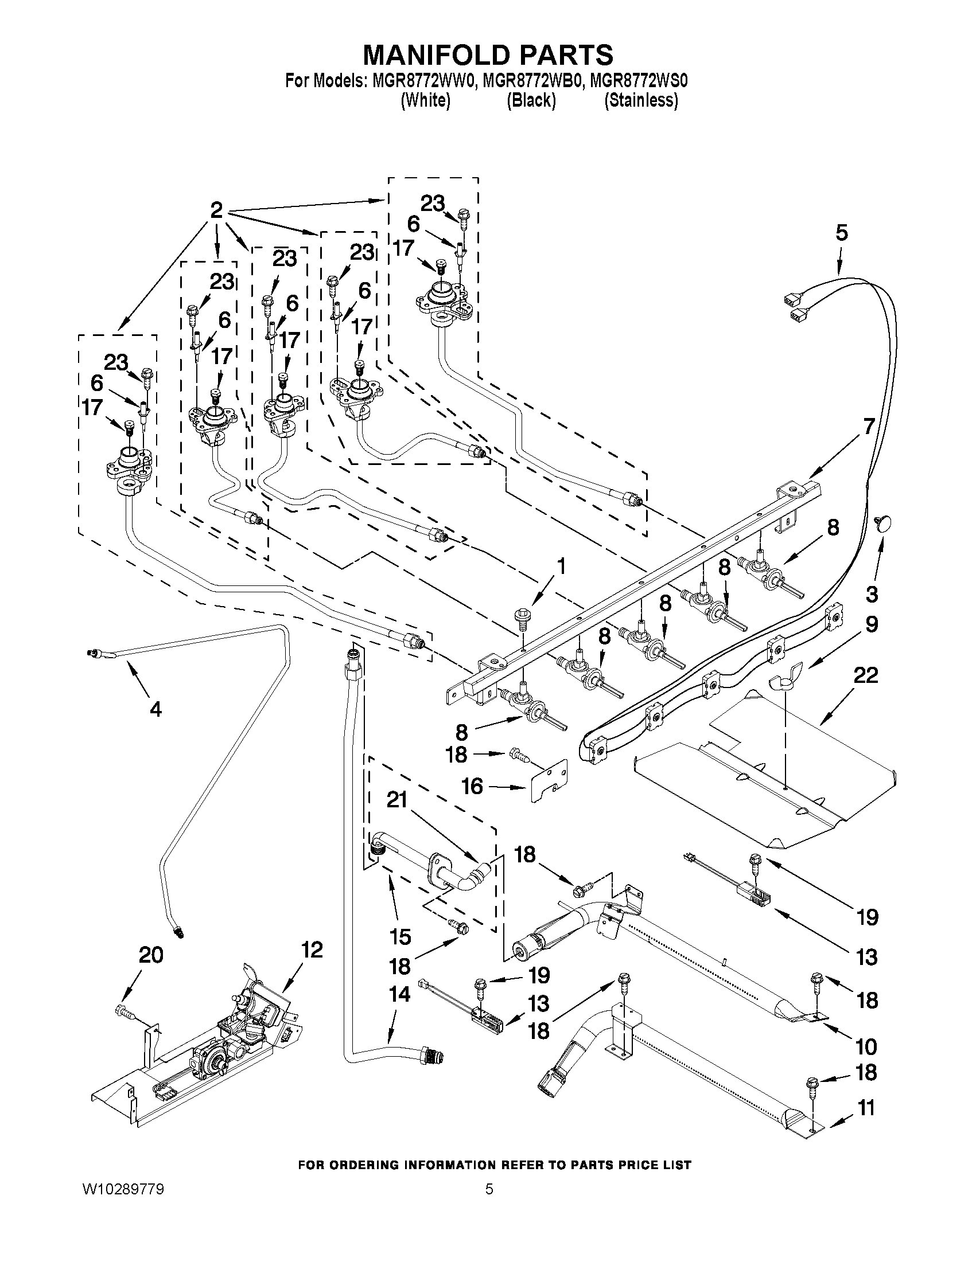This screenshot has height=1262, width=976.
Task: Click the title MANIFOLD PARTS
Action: pos(487,55)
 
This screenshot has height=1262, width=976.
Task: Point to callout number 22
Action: pos(866,675)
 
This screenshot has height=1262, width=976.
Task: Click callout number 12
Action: pos(312,950)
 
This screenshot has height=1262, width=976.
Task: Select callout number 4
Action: pos(155,709)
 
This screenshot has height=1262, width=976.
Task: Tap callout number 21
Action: pos(397,800)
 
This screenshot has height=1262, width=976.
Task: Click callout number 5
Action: pos(841,233)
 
